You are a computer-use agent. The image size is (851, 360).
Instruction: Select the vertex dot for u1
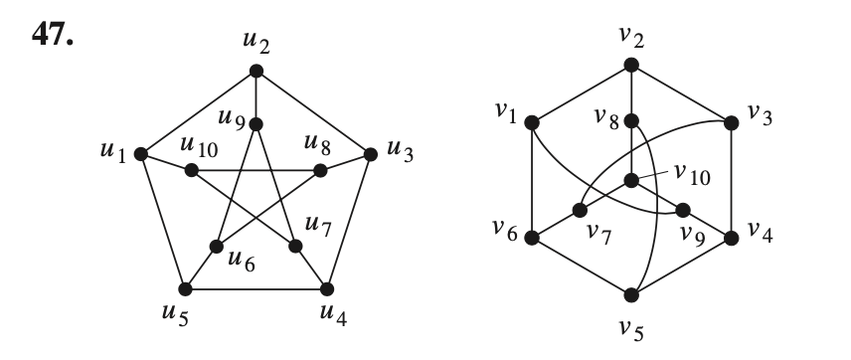(x=141, y=154)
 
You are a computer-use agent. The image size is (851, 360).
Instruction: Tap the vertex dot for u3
(x=371, y=154)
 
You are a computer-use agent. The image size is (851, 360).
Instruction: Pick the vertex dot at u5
(x=185, y=289)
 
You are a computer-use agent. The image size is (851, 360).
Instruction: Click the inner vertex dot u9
(x=255, y=123)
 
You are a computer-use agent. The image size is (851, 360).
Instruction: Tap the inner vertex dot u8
(x=320, y=170)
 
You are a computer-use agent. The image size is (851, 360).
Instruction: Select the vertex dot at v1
(x=532, y=123)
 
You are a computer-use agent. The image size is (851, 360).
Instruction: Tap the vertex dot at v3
(x=731, y=123)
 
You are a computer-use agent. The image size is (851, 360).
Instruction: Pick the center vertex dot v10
(x=630, y=181)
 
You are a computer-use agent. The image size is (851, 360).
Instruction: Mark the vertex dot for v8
(x=630, y=124)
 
